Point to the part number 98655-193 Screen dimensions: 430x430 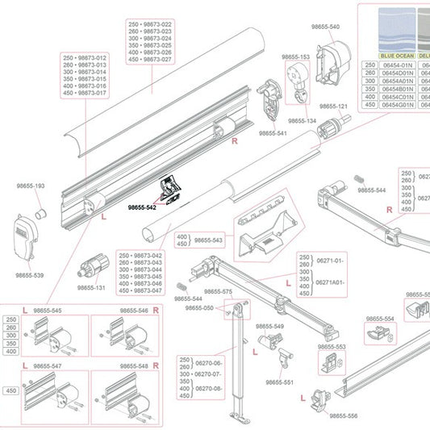(x=31, y=186)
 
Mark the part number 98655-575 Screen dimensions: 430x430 (x=218, y=291)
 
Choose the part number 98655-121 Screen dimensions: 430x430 (x=332, y=106)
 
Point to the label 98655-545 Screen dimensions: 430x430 (x=47, y=311)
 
